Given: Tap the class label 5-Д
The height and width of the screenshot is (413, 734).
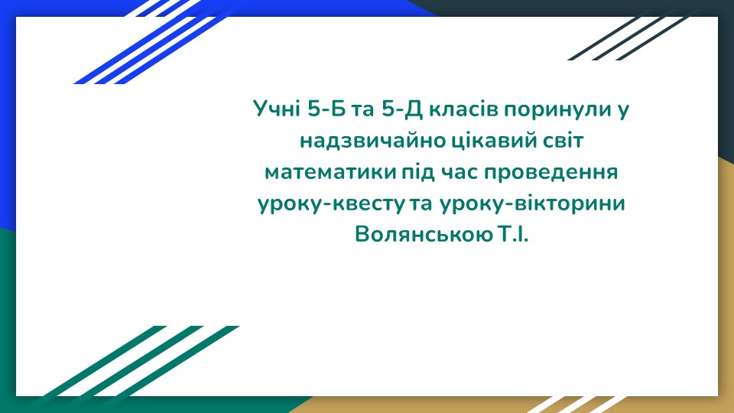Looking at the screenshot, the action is pyautogui.click(x=402, y=109).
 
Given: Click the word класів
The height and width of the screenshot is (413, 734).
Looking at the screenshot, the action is pyautogui.click(x=463, y=109).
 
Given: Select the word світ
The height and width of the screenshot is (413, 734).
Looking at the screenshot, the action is pyautogui.click(x=563, y=141).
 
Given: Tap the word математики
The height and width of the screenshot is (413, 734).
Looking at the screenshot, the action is pyautogui.click(x=330, y=172).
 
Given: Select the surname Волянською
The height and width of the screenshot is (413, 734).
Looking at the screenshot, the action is pyautogui.click(x=424, y=234).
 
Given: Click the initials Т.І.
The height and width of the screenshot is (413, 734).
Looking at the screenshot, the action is pyautogui.click(x=512, y=234).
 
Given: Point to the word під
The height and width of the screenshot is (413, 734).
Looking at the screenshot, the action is pyautogui.click(x=417, y=173).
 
